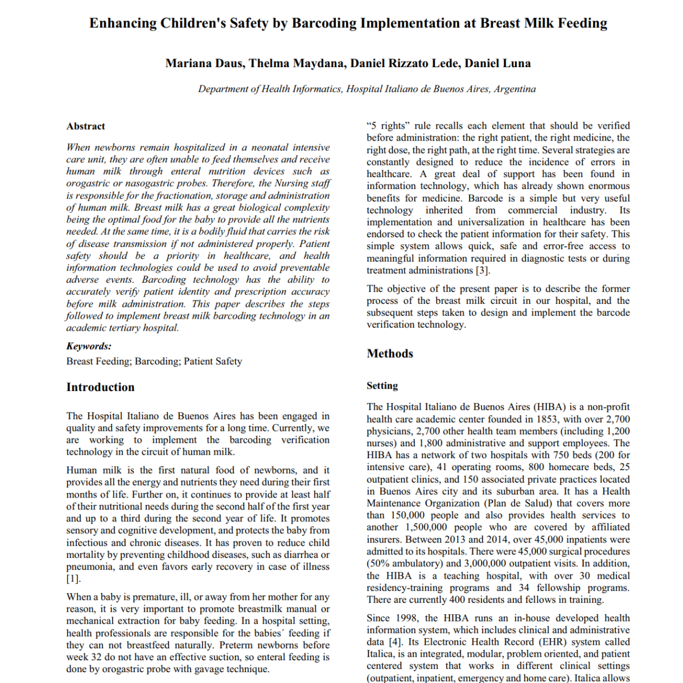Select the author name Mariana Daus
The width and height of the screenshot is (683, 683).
coord(204,64)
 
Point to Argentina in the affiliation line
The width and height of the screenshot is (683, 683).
coord(515,89)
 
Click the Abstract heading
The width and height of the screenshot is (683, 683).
coord(85,126)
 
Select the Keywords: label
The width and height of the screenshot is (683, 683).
coord(89,346)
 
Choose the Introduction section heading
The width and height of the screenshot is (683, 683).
coord(100,387)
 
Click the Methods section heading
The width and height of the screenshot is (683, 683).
coord(390,353)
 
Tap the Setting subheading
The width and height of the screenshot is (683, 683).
coord(382,386)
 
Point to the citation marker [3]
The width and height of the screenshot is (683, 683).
coord(482,270)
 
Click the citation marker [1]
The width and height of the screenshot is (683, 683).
coord(73,579)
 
